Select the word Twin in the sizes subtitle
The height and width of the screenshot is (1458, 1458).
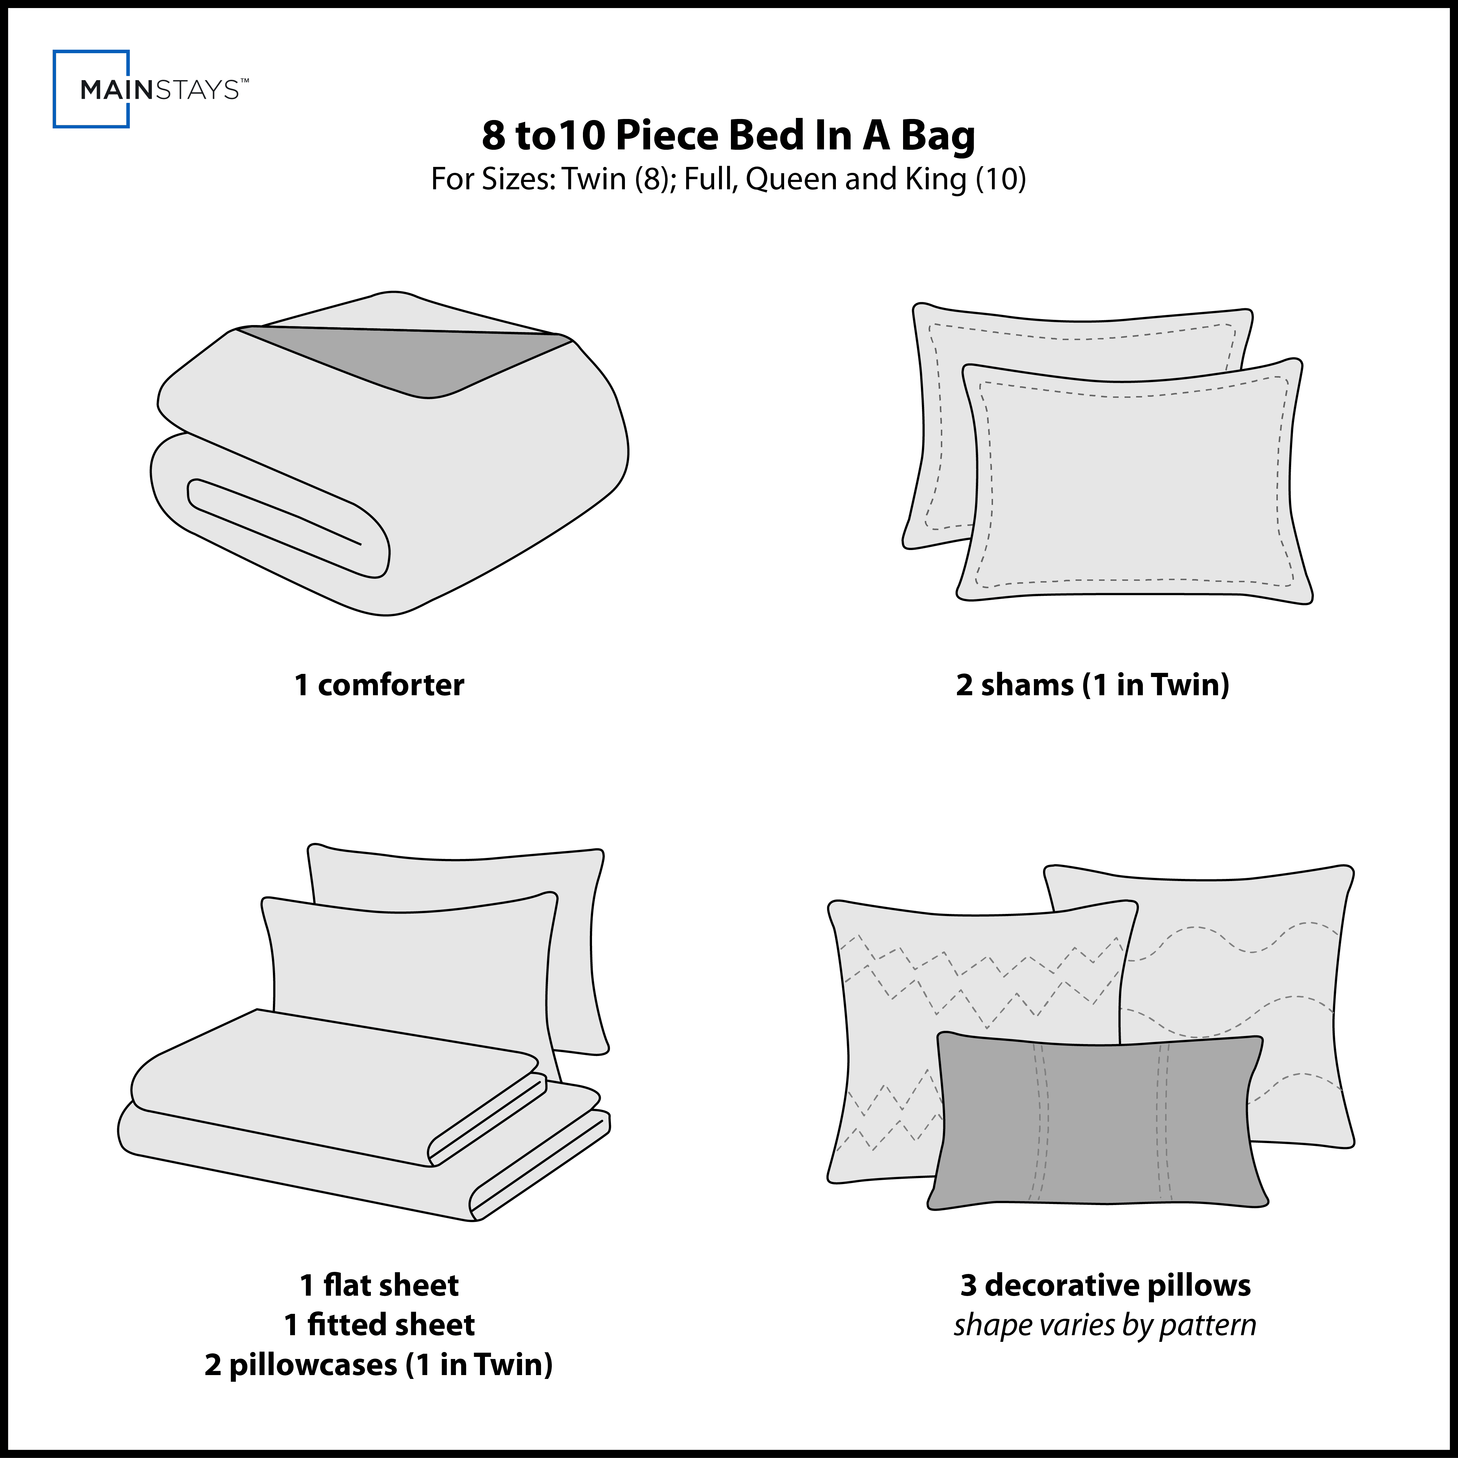595,179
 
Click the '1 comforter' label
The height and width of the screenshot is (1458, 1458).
379,684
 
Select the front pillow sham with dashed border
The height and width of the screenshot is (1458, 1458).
1132,483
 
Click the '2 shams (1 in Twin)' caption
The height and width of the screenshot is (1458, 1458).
1092,684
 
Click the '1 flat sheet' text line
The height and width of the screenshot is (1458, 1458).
379,1285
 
